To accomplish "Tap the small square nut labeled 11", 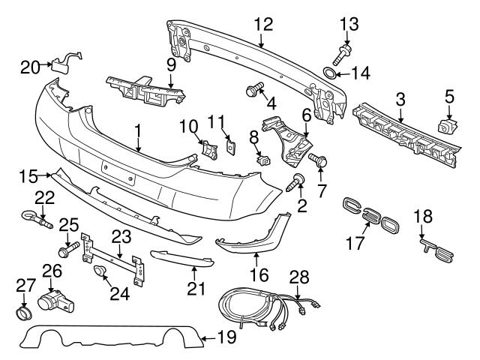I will click(231, 147).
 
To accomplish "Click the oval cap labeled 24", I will click(100, 274).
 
